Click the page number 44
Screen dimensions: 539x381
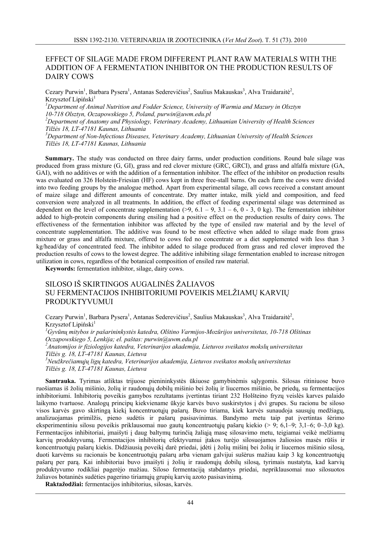tap(190, 502)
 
